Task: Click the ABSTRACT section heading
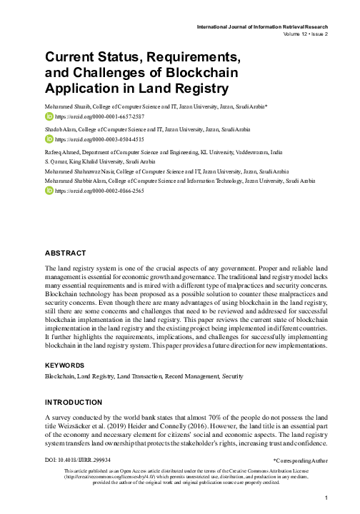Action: point(65,253)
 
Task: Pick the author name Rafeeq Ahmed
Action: point(62,153)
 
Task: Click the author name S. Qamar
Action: point(55,163)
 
